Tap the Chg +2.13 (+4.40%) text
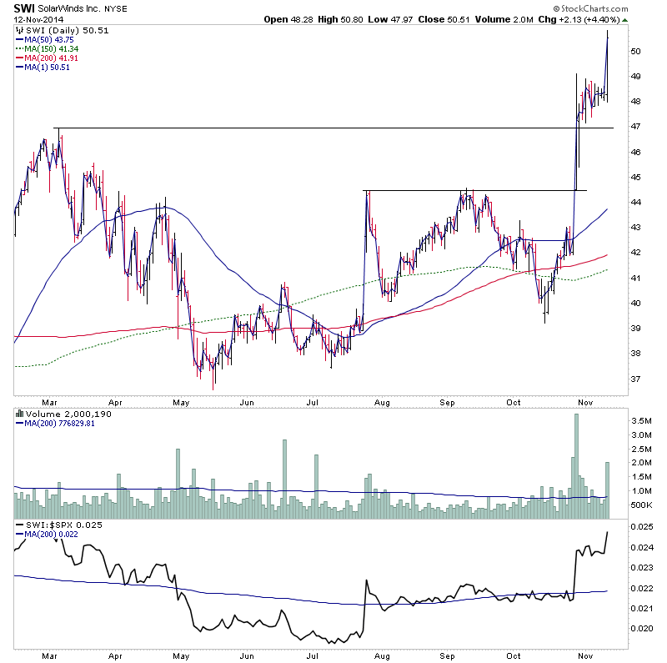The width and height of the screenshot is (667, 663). tap(584, 19)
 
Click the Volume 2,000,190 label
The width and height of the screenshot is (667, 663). tap(58, 414)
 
